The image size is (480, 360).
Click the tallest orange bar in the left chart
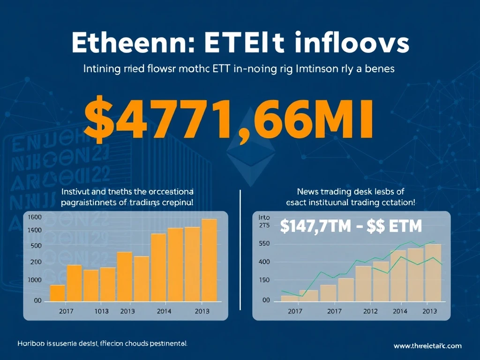point(209,260)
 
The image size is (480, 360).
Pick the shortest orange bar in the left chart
point(57,293)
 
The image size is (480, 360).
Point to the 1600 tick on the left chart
point(36,217)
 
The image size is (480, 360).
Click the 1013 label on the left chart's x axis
point(101,311)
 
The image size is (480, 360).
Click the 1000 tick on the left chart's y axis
point(35,280)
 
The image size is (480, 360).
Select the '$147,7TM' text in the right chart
point(315,227)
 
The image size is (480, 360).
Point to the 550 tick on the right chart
point(265,244)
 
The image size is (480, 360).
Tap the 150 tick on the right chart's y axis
point(265,280)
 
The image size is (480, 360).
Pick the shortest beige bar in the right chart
point(289,298)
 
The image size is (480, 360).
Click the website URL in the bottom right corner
point(427,346)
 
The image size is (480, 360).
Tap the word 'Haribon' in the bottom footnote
point(30,344)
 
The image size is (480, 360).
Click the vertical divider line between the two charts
point(240,248)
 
